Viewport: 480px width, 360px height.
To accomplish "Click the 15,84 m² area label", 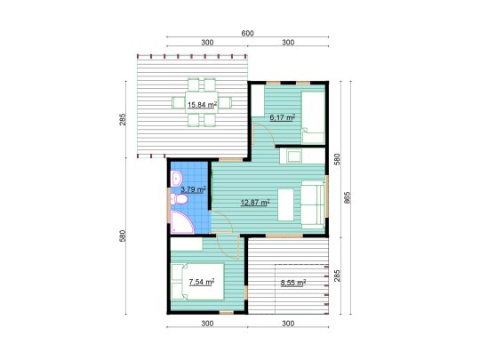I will click(202, 104).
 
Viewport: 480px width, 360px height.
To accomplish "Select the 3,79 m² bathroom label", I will click(192, 188).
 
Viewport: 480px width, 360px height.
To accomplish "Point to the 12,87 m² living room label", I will click(255, 202).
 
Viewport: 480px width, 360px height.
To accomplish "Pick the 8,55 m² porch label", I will click(292, 283).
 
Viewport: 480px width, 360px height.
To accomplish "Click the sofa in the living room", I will click(314, 200).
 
